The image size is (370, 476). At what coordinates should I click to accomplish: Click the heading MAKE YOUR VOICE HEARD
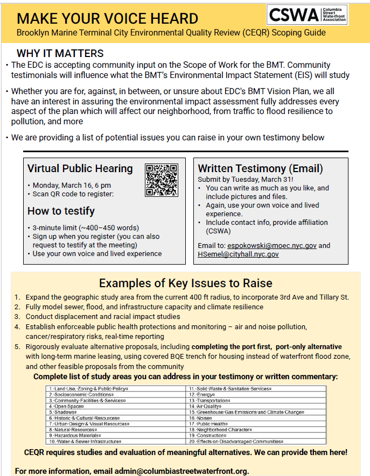click(107, 18)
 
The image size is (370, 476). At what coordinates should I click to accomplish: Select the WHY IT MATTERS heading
click(60, 54)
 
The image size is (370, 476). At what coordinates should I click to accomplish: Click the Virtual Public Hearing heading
click(80, 168)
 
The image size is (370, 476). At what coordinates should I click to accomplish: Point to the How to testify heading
click(61, 211)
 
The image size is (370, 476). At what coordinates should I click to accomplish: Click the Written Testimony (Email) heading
click(260, 168)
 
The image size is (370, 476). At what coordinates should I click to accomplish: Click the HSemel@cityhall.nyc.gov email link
click(238, 254)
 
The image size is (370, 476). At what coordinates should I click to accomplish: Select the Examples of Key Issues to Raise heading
click(185, 283)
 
